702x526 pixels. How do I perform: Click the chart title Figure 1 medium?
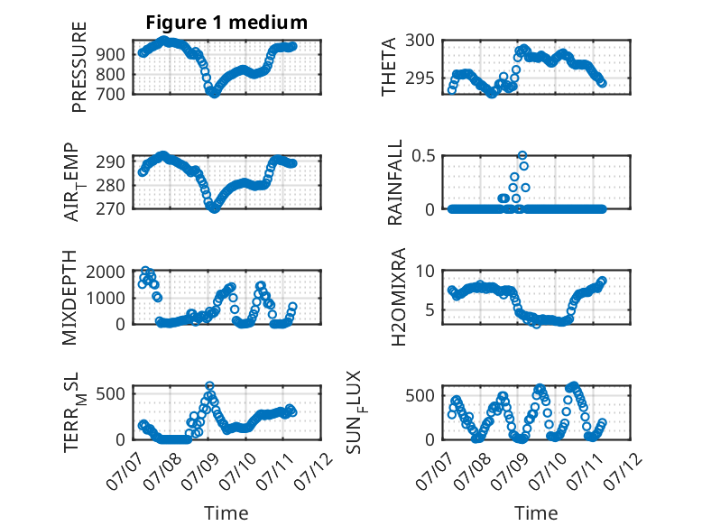[226, 23]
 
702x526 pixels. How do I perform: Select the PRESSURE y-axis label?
[79, 67]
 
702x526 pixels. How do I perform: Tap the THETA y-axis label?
[389, 67]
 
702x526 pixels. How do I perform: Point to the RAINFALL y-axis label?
[395, 182]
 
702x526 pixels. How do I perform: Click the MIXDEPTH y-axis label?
[69, 298]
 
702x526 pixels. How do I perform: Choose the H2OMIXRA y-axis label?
[398, 297]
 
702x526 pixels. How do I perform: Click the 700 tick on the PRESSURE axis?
[111, 95]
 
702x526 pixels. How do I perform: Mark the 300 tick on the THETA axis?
[420, 41]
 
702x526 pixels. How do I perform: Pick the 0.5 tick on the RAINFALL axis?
[423, 156]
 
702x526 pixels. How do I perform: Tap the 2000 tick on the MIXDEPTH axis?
[106, 272]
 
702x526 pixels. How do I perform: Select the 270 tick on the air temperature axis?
[111, 208]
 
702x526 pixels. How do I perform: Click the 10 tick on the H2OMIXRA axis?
[425, 271]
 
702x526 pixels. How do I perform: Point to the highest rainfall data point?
[522, 155]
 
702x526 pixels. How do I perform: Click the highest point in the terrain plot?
[209, 385]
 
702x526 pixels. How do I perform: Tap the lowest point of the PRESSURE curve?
[215, 94]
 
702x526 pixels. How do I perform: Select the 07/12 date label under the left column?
[315, 471]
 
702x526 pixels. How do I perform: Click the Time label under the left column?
[226, 513]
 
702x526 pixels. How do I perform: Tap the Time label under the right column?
[536, 513]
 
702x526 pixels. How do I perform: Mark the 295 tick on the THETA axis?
[420, 78]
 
